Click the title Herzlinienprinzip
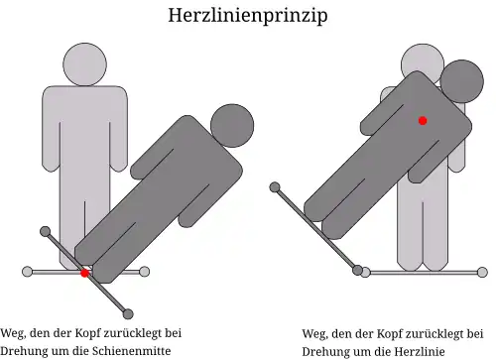(x=247, y=16)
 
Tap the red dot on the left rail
(x=85, y=272)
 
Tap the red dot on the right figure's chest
(x=423, y=120)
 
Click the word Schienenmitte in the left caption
(x=131, y=351)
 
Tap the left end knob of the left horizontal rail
(x=27, y=271)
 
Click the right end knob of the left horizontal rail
(x=145, y=271)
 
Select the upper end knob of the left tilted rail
(x=45, y=231)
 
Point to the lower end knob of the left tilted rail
(x=128, y=313)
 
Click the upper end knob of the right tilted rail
(x=275, y=185)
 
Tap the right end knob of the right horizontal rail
(x=483, y=271)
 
